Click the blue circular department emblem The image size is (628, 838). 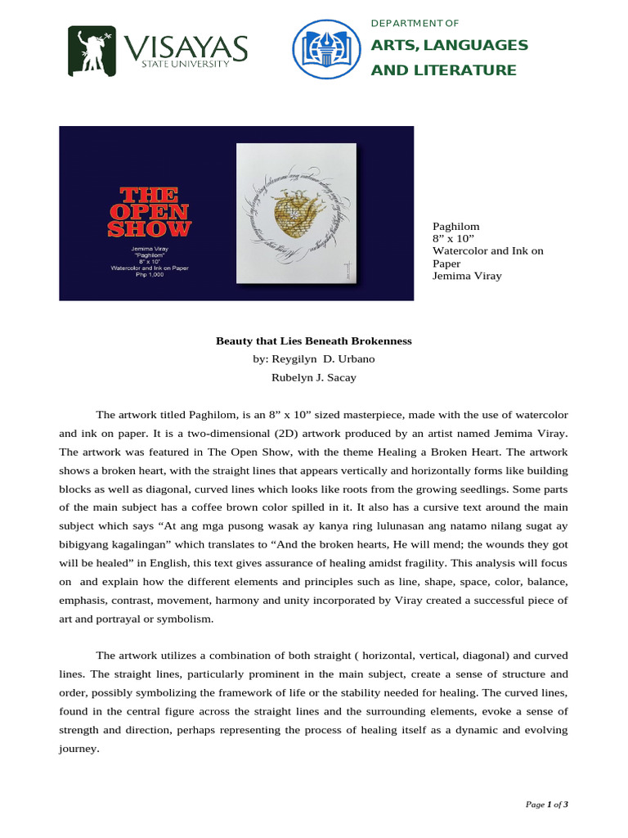tap(326, 50)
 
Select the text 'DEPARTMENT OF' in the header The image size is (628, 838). tap(415, 22)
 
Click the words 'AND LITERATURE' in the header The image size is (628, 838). tap(443, 70)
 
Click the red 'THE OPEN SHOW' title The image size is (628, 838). tap(150, 212)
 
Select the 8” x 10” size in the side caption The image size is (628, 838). tap(447, 239)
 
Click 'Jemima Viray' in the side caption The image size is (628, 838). tap(466, 277)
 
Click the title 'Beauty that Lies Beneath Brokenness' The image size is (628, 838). tap(313, 340)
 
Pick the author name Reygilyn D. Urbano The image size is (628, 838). tap(313, 359)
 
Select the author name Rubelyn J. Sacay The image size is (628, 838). tap(313, 377)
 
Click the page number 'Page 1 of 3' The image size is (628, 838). tap(547, 805)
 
